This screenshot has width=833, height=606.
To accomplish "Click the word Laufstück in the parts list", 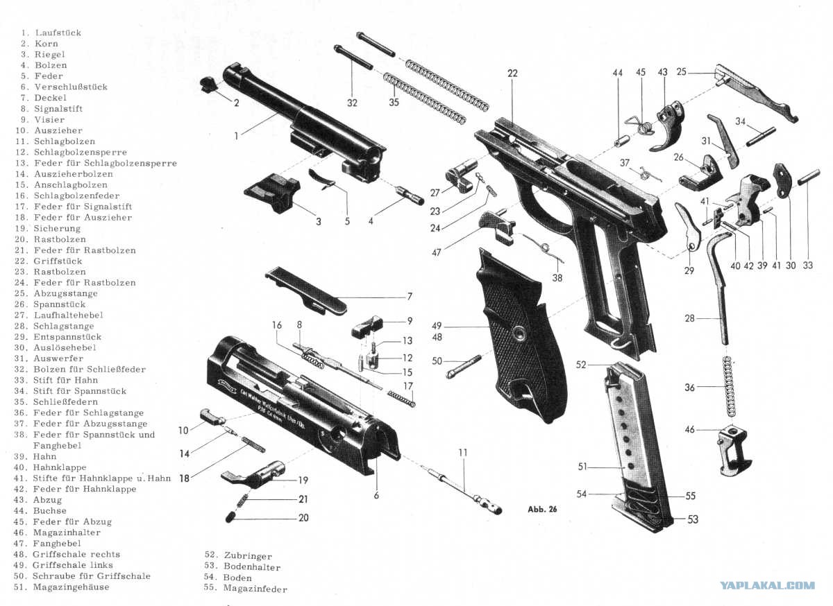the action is (58, 33).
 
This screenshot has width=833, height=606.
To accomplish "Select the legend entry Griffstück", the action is (58, 261).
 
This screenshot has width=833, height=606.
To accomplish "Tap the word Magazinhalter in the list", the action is (67, 533).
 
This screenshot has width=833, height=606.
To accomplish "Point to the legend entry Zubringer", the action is (248, 556).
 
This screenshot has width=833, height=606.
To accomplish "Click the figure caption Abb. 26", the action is (542, 509).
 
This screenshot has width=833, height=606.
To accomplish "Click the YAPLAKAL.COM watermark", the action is (768, 586).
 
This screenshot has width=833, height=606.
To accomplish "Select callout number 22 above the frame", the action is (512, 73).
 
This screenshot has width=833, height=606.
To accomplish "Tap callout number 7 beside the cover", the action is (410, 297).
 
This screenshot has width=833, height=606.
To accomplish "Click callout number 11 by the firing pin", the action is (462, 453).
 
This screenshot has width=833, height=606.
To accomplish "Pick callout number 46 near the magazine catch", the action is (690, 429).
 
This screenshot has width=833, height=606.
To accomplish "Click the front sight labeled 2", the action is (210, 85).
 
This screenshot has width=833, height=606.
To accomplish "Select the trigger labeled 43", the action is (668, 126).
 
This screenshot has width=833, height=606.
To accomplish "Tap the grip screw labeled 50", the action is (464, 367).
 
